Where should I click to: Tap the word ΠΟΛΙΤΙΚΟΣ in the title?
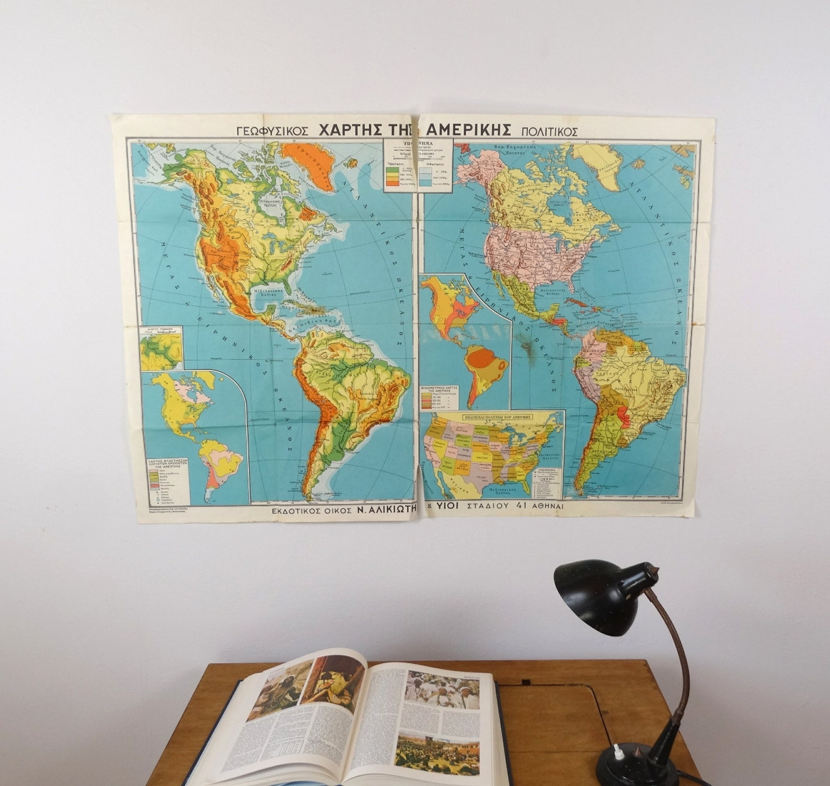click(548, 131)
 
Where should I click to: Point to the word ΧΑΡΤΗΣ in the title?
click(354, 130)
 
